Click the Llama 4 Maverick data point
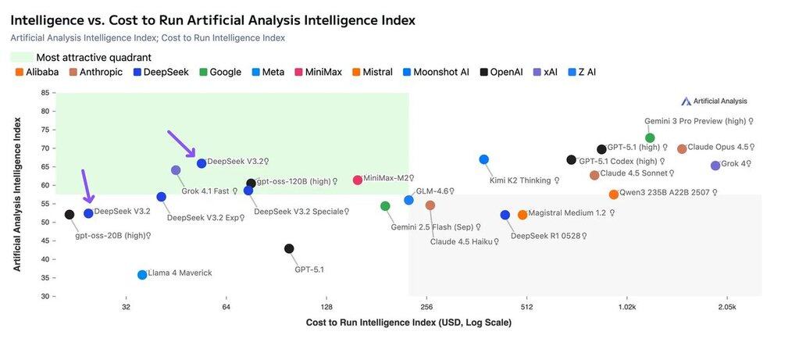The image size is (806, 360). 142,274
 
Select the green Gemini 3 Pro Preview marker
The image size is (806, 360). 650,138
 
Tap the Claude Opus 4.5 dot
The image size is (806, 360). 682,149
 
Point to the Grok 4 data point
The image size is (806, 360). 715,166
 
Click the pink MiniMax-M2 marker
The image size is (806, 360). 358,180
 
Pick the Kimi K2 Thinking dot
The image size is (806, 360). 484,159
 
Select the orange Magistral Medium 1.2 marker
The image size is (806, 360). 522,215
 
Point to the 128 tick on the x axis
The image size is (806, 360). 326,308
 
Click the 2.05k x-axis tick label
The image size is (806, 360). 726,308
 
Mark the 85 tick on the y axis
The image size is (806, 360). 45,93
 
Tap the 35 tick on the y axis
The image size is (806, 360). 45,278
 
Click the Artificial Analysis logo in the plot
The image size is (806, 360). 714,101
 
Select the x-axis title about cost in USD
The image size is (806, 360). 408,323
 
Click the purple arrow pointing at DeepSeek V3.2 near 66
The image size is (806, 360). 182,144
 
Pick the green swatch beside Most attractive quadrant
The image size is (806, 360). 22,57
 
